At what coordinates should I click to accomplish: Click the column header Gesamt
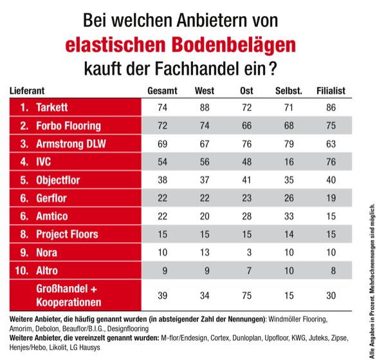click(x=162, y=90)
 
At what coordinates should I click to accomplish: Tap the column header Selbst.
click(x=289, y=90)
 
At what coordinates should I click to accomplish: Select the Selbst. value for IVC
click(x=289, y=161)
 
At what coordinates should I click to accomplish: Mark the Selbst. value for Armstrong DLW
click(x=289, y=143)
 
